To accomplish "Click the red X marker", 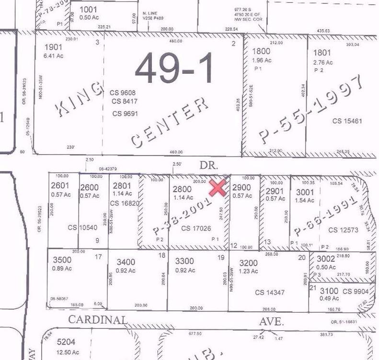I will click(218, 188).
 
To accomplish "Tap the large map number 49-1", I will click(173, 67).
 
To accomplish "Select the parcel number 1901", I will click(53, 47).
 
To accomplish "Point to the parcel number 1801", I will click(322, 53).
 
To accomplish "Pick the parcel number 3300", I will click(184, 262).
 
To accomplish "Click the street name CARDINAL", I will click(98, 320).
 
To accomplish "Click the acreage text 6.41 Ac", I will click(54, 56).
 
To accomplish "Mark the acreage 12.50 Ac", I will click(67, 351).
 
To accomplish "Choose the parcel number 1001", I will click(88, 9).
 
